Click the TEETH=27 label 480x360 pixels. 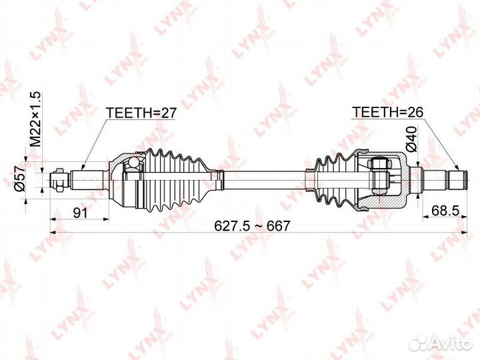(x=141, y=113)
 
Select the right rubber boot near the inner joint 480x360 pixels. (x=333, y=179)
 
